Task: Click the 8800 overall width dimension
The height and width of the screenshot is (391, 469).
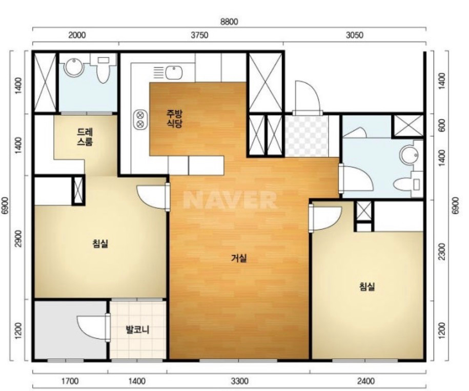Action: (229, 22)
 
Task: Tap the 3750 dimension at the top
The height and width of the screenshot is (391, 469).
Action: (199, 35)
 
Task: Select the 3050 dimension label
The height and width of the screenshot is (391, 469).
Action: (355, 35)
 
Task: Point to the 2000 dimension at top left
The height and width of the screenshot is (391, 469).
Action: (77, 35)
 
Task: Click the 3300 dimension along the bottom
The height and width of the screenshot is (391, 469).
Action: (240, 381)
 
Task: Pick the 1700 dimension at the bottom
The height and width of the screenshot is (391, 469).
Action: (70, 381)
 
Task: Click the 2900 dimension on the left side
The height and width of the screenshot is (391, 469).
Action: (18, 239)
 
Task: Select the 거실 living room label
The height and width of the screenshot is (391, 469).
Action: (239, 258)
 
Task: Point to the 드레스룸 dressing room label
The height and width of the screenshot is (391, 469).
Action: (85, 136)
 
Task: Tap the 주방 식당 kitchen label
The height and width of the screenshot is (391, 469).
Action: (174, 119)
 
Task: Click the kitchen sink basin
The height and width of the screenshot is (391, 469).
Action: (174, 73)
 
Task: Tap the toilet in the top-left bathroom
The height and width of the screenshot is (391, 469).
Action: (103, 70)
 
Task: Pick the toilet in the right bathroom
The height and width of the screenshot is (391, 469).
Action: (407, 184)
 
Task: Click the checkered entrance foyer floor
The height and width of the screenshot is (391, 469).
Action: (307, 136)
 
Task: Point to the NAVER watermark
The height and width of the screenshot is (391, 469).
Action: (230, 200)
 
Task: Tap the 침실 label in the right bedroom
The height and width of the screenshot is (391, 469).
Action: (367, 286)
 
